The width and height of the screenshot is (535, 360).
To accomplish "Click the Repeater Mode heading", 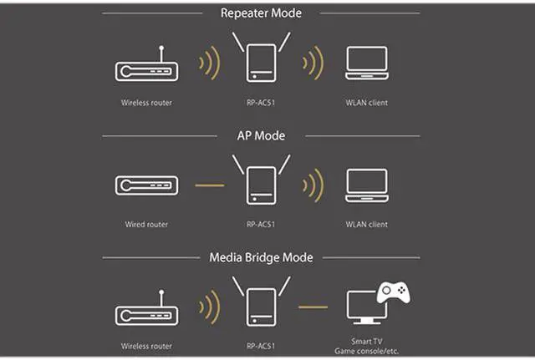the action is [x=260, y=13].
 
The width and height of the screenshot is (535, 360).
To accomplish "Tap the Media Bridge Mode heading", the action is [x=260, y=257].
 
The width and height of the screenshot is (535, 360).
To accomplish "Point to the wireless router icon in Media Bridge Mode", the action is [x=145, y=313].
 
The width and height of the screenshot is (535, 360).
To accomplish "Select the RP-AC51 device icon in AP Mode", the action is [x=261, y=185].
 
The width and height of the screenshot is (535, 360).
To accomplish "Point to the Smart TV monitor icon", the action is [x=367, y=309].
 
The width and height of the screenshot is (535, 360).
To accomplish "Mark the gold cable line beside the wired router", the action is [x=208, y=185].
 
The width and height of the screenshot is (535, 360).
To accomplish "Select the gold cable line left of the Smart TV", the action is [x=313, y=307].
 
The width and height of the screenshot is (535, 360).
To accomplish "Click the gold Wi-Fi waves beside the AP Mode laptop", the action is [x=313, y=185].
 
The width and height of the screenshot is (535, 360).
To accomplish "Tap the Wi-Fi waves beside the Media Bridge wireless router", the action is [x=208, y=308].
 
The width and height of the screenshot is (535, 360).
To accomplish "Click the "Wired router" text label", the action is [x=145, y=225].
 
